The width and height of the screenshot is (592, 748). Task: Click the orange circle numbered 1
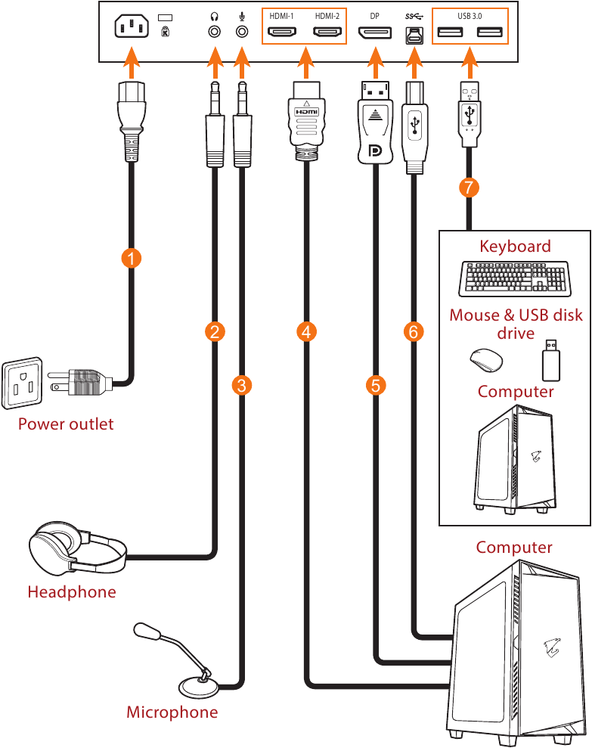(132, 258)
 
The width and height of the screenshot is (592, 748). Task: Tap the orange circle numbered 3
(241, 385)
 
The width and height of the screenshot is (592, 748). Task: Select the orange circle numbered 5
(375, 385)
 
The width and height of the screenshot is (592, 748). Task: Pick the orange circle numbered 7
(470, 188)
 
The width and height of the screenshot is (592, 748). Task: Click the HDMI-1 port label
(281, 15)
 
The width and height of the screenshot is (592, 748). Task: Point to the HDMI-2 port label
(327, 15)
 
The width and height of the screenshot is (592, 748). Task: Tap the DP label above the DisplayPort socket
(374, 15)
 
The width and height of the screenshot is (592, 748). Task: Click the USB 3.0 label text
(470, 15)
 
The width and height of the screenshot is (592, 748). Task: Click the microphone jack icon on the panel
(242, 16)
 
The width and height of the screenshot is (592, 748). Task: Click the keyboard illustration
(514, 278)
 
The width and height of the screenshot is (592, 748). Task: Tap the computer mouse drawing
(483, 361)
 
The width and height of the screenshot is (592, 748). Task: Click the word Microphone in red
(172, 712)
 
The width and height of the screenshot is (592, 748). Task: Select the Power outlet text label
(66, 424)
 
